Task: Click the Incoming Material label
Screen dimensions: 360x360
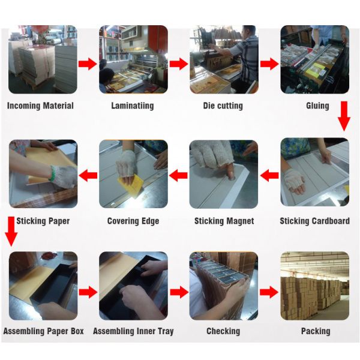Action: [x=40, y=106]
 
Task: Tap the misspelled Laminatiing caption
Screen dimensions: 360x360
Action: [x=133, y=106]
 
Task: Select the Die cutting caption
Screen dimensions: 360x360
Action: [x=223, y=106]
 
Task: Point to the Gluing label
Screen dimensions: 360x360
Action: [x=317, y=106]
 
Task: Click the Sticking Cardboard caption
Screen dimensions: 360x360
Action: [x=315, y=221]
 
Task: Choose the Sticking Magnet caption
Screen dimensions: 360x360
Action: [x=224, y=221]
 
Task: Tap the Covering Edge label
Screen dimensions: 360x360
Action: [x=133, y=221]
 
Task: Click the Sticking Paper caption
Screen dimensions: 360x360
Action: [x=43, y=221]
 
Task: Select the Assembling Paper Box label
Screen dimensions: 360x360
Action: [x=43, y=331]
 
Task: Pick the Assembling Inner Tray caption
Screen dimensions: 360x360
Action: [x=133, y=331]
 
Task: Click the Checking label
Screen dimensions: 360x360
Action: [x=223, y=331]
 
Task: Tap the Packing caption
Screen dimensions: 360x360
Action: [x=316, y=331]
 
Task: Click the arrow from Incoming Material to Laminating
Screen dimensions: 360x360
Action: [x=88, y=64]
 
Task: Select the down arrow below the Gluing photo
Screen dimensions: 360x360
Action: [x=344, y=116]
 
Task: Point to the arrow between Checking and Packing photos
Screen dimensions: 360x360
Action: [x=269, y=292]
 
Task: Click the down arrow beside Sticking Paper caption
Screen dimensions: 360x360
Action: [x=11, y=232]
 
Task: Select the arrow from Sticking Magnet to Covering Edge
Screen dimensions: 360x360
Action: [x=178, y=176]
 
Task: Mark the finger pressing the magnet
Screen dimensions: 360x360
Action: [x=230, y=172]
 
